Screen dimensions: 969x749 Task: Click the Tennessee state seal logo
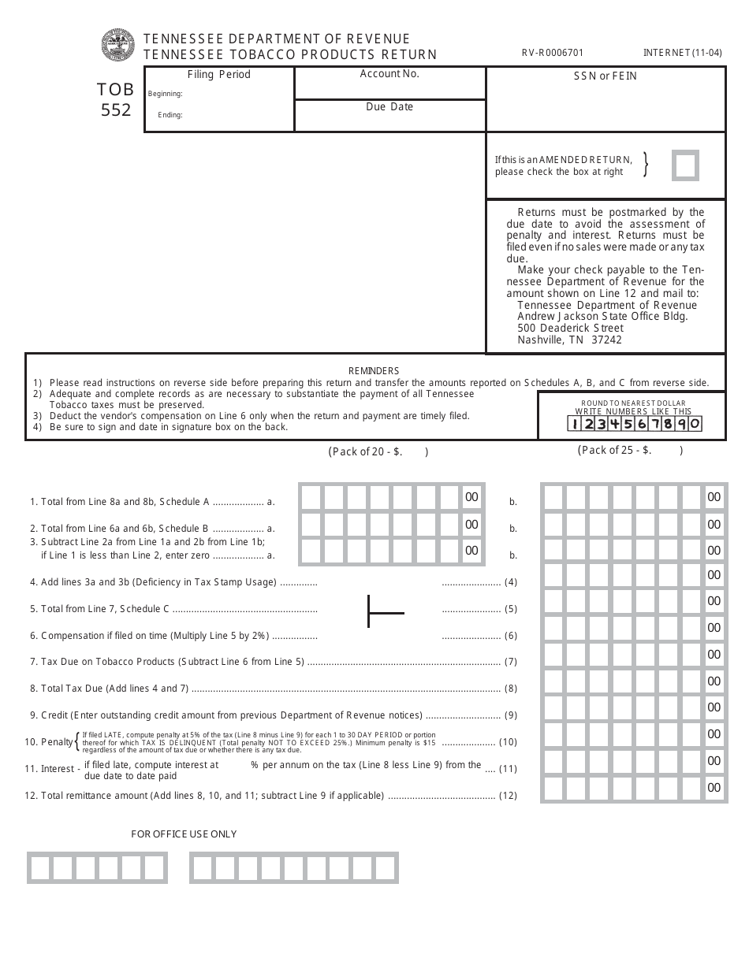117,45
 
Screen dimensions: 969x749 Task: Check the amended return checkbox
685,166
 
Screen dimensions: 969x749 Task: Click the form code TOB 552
116,100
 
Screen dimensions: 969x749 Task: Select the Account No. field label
389,73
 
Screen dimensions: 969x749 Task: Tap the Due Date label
389,106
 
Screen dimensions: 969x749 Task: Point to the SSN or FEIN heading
605,76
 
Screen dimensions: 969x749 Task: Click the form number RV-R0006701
553,54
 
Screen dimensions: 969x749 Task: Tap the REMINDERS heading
374,370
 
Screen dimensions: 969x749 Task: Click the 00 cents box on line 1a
471,497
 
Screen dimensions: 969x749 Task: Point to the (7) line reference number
511,662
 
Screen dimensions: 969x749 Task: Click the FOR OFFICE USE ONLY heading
184,833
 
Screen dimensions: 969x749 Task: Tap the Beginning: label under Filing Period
166,94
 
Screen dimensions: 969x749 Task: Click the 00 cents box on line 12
714,787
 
